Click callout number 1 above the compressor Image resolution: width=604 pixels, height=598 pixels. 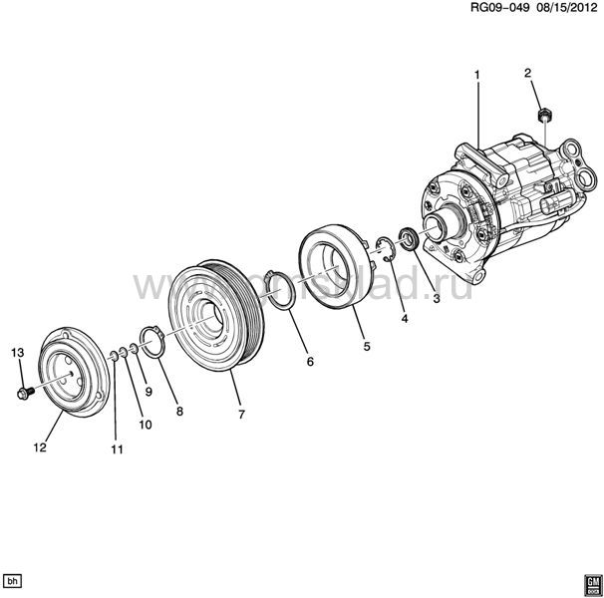click(x=477, y=76)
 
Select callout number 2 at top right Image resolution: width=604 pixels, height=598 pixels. click(x=528, y=73)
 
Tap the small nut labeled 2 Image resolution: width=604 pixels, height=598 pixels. click(x=543, y=118)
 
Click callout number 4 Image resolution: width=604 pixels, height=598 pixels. click(x=404, y=319)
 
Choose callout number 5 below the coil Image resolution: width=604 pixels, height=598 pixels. click(x=366, y=347)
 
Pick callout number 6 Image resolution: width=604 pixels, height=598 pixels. click(x=310, y=361)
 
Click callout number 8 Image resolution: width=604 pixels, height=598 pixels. click(x=179, y=410)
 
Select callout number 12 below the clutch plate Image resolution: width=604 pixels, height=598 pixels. click(x=40, y=448)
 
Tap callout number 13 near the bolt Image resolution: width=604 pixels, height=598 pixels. click(x=16, y=354)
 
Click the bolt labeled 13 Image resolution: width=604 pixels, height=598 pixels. click(x=24, y=392)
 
